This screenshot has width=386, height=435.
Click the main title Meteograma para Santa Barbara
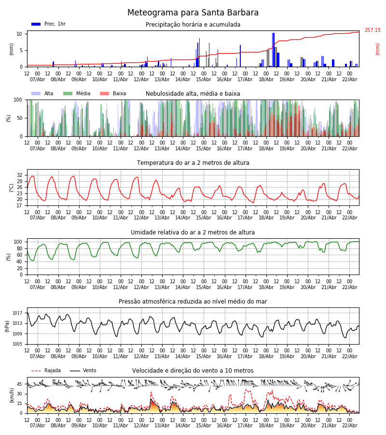[193, 13]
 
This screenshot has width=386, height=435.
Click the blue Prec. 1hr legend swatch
[36, 24]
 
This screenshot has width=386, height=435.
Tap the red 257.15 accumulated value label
[372, 30]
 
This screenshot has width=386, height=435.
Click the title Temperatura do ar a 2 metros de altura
[193, 163]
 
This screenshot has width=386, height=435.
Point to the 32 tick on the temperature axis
[20, 175]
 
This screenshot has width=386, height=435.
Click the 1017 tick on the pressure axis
[17, 313]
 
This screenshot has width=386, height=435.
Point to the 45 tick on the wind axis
[20, 384]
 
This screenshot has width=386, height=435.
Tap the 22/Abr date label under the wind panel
[349, 426]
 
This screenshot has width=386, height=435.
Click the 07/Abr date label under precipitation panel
[38, 79]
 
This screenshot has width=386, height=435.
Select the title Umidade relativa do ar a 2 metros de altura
[193, 232]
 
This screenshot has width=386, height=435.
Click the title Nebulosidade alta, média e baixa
[193, 94]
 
